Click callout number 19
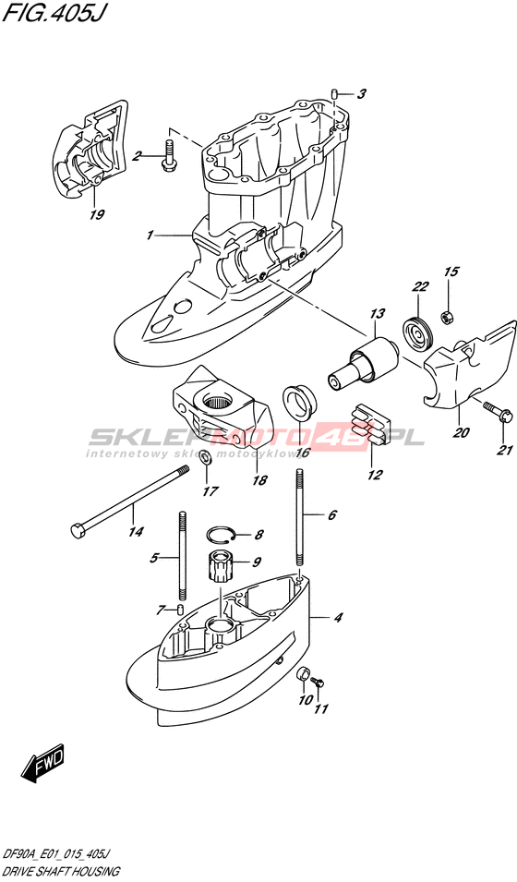pyautogui.click(x=96, y=214)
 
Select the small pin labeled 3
pyautogui.click(x=333, y=93)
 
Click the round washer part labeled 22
pyautogui.click(x=418, y=335)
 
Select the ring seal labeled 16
pyautogui.click(x=298, y=401)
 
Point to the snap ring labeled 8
pyautogui.click(x=219, y=533)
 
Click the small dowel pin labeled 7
pyautogui.click(x=180, y=609)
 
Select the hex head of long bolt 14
pyautogui.click(x=78, y=530)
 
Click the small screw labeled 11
pyautogui.click(x=318, y=683)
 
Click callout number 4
pyautogui.click(x=338, y=618)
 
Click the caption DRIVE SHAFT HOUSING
pyautogui.click(x=61, y=872)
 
